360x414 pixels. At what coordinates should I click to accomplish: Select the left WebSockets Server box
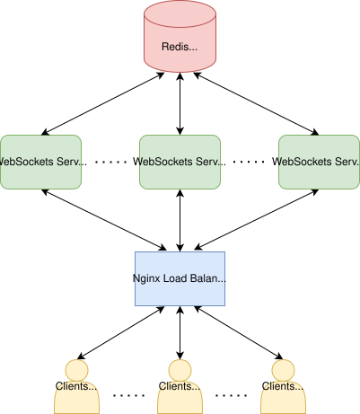pyautogui.click(x=40, y=162)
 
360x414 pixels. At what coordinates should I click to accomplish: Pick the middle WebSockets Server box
pyautogui.click(x=180, y=162)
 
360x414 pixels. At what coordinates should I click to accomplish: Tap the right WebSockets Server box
pyautogui.click(x=319, y=162)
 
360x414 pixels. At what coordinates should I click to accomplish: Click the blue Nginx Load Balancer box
pyautogui.click(x=180, y=278)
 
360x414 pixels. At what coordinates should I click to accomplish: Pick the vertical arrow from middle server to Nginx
pyautogui.click(x=180, y=220)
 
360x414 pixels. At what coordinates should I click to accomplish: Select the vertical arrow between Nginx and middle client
pyautogui.click(x=180, y=331)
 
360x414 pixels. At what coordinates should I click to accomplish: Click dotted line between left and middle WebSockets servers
pyautogui.click(x=112, y=163)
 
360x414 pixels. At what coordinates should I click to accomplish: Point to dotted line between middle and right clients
pyautogui.click(x=232, y=394)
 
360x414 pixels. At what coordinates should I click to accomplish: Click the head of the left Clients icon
pyautogui.click(x=77, y=370)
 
